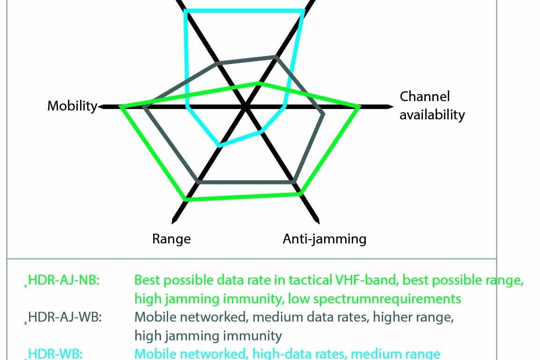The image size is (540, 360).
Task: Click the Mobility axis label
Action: [x=72, y=106]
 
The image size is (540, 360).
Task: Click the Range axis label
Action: [x=171, y=239]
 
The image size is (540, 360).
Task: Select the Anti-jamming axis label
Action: [x=325, y=239]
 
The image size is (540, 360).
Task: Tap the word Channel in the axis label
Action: [x=425, y=96]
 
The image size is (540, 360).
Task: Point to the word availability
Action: [x=432, y=115]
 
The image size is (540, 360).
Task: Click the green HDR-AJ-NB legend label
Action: [x=64, y=280]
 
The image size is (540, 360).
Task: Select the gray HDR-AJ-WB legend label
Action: [x=65, y=317]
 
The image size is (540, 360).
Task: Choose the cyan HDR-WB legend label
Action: [x=55, y=354]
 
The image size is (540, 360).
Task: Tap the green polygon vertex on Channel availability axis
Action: [x=358, y=107]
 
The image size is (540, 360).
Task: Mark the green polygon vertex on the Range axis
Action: [x=186, y=199]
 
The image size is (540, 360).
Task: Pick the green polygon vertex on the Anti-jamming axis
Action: [x=300, y=194]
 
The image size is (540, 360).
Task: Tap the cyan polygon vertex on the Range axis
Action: [x=220, y=145]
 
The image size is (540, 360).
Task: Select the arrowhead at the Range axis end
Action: [x=174, y=220]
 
